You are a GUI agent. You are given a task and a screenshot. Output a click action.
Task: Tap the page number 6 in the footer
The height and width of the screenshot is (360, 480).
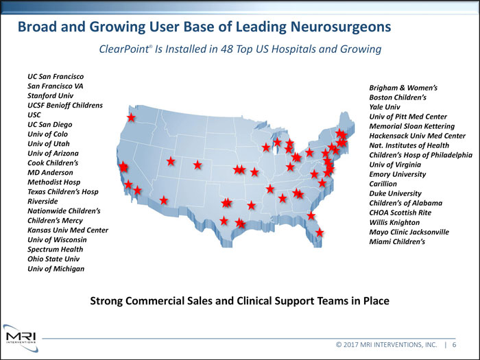pyautogui.click(x=454, y=345)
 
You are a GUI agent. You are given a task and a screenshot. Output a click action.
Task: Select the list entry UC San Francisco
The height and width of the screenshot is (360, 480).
pyautogui.click(x=56, y=76)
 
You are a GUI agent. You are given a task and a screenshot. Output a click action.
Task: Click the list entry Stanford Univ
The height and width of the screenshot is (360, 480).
pyautogui.click(x=50, y=95)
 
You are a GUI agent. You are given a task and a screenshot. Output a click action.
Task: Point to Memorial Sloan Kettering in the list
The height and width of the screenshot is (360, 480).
pyautogui.click(x=411, y=127)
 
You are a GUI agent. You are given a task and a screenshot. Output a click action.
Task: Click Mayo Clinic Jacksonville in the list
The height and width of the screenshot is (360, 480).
pyautogui.click(x=409, y=232)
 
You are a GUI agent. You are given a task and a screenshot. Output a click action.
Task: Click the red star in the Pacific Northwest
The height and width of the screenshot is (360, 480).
pyautogui.click(x=131, y=118)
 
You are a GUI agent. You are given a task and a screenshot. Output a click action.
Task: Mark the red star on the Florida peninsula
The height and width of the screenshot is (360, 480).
pyautogui.click(x=320, y=233)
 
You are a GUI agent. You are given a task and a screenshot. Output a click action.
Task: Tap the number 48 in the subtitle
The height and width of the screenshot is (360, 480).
pyautogui.click(x=236, y=50)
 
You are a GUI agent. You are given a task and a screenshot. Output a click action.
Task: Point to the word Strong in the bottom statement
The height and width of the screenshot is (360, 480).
pyautogui.click(x=110, y=300)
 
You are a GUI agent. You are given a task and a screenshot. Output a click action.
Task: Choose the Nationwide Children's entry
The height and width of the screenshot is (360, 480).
pyautogui.click(x=64, y=211)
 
